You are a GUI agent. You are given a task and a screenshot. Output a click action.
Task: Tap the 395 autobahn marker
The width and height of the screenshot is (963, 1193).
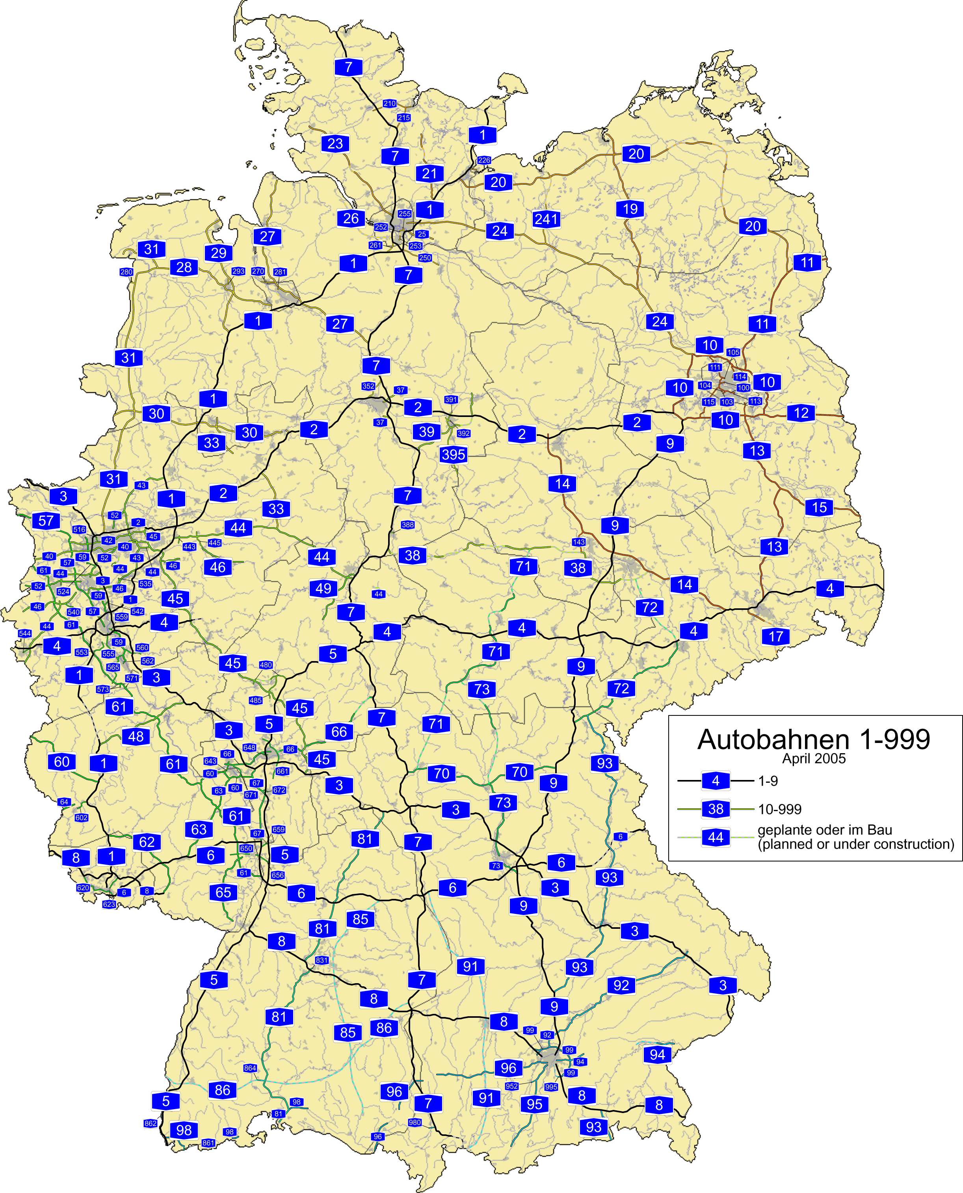(x=453, y=455)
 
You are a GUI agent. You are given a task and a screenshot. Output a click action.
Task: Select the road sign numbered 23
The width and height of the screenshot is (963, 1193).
(x=335, y=144)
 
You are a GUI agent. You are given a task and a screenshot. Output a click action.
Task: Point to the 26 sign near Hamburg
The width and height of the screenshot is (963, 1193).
(x=351, y=219)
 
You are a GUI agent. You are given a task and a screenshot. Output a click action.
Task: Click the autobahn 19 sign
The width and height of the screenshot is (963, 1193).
(x=630, y=209)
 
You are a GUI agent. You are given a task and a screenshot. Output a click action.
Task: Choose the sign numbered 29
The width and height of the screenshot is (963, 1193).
(x=219, y=253)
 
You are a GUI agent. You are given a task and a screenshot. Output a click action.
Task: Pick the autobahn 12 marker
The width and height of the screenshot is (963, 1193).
(x=801, y=413)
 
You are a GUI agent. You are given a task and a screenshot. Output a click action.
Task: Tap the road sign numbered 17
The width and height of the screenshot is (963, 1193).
(x=775, y=636)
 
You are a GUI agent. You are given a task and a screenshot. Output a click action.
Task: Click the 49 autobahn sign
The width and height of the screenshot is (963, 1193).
(x=323, y=588)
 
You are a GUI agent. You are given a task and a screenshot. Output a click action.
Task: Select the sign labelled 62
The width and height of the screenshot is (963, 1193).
(x=147, y=842)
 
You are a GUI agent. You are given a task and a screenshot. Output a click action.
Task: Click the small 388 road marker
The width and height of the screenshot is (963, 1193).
(x=408, y=524)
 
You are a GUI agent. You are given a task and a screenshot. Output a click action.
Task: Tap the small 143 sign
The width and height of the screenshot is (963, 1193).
(x=578, y=542)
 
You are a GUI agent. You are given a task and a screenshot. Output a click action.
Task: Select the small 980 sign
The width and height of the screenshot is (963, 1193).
(x=415, y=1123)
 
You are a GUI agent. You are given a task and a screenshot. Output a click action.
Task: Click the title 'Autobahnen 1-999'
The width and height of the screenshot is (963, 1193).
(x=813, y=739)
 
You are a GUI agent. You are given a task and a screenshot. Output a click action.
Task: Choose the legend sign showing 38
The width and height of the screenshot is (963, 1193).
(x=716, y=810)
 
